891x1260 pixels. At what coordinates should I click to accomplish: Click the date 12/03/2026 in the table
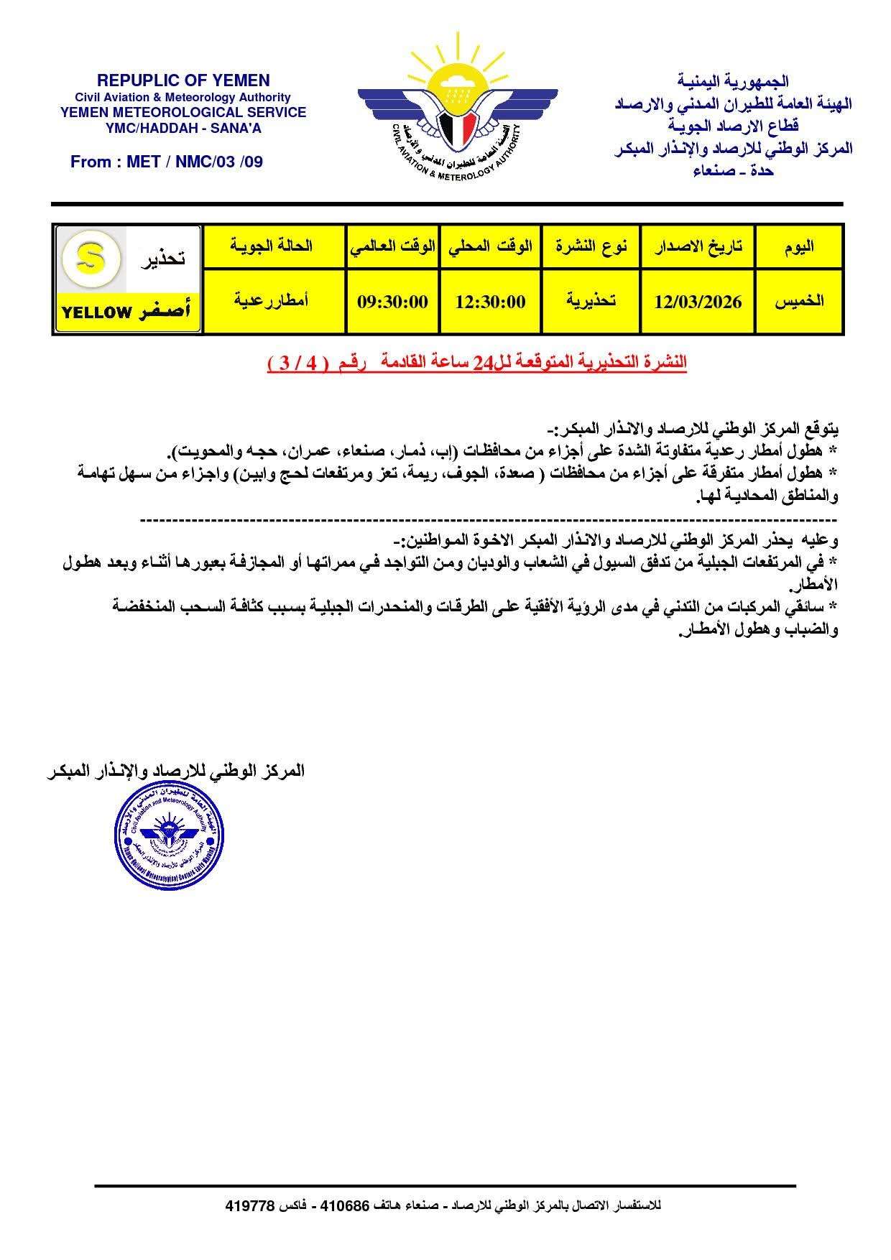pyautogui.click(x=698, y=302)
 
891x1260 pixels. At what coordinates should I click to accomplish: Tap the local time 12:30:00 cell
pyautogui.click(x=490, y=302)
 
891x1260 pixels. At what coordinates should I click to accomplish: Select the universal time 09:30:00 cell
pyautogui.click(x=392, y=302)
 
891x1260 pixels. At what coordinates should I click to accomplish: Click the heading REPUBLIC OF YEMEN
pyautogui.click(x=183, y=80)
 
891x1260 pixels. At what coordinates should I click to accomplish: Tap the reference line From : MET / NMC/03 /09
pyautogui.click(x=167, y=162)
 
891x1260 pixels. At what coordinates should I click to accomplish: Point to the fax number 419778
pyautogui.click(x=250, y=1205)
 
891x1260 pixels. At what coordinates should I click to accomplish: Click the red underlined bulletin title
pyautogui.click(x=476, y=363)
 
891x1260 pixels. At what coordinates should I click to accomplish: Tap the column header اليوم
pyautogui.click(x=799, y=246)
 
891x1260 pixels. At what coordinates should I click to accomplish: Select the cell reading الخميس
pyautogui.click(x=799, y=302)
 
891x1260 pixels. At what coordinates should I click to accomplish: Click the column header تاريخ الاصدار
pyautogui.click(x=698, y=246)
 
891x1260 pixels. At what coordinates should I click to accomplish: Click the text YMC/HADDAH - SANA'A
pyautogui.click(x=183, y=128)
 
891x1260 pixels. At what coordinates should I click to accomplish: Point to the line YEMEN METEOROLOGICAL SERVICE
pyautogui.click(x=183, y=112)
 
